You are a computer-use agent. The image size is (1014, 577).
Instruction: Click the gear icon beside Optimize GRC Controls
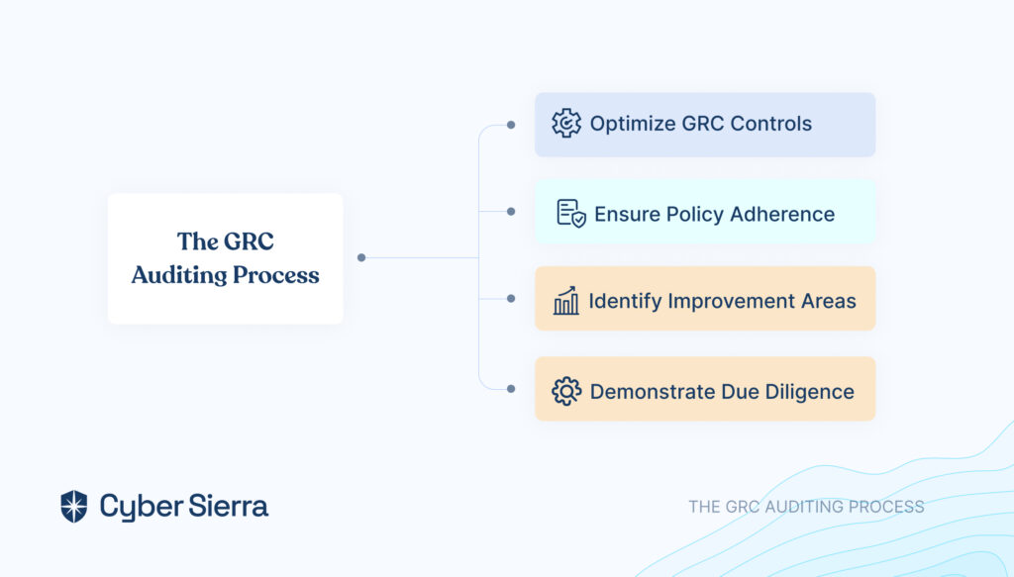pos(566,123)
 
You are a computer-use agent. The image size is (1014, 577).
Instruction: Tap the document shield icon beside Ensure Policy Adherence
pos(571,213)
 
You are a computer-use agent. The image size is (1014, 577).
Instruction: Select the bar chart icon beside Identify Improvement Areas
pos(565,301)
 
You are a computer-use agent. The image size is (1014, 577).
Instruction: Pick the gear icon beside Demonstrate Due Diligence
pos(566,391)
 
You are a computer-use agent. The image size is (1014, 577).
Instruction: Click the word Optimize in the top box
pos(632,124)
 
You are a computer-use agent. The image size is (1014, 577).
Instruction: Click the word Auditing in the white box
pos(179,275)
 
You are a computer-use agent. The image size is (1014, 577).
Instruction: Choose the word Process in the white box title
pos(276,275)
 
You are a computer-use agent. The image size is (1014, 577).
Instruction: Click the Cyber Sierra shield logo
pos(73,506)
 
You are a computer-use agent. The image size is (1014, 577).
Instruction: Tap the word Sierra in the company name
pos(229,506)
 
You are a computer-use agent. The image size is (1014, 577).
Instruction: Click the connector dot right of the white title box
pos(361,257)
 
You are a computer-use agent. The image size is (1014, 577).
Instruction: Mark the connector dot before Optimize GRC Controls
pos(511,125)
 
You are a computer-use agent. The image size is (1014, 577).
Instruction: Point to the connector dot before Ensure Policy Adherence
pos(511,211)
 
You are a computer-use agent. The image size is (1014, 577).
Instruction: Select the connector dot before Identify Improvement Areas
pos(511,299)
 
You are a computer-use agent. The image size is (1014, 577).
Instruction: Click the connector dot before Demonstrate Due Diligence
pos(511,389)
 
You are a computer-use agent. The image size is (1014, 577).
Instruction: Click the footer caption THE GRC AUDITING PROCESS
pos(806,507)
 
